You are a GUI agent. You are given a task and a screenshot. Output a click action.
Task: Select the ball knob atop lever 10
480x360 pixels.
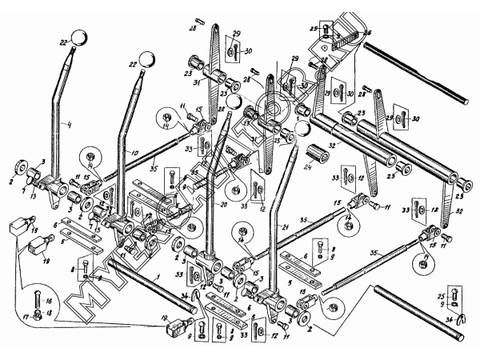[147, 58]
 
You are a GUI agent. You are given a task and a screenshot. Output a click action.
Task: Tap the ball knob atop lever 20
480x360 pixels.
[233, 102]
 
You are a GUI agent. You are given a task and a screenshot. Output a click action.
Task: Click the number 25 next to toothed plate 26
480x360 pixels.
[314, 27]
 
